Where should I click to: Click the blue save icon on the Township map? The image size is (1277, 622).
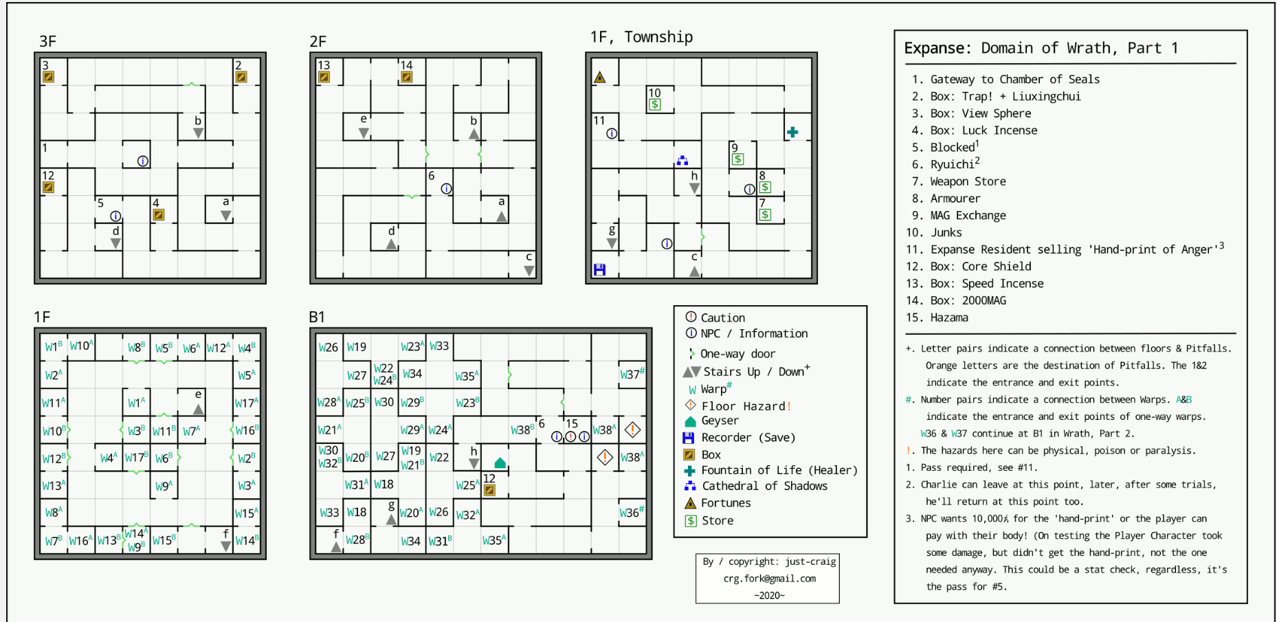tap(599, 269)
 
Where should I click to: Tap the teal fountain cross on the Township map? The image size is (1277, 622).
tap(792, 132)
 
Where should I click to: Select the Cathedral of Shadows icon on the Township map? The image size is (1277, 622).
tap(682, 160)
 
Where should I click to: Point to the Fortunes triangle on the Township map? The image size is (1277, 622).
tap(600, 77)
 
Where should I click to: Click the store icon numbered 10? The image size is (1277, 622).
tap(655, 104)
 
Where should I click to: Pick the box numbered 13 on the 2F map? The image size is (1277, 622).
tap(324, 77)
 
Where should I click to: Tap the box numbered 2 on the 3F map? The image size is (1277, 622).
tap(241, 77)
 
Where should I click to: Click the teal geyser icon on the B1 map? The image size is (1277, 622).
tap(500, 463)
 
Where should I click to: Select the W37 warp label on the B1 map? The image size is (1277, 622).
tap(632, 374)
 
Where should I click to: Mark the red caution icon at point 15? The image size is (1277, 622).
tap(570, 436)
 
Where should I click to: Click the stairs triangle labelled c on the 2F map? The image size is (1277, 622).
tap(529, 271)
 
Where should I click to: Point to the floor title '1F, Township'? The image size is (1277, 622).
tap(641, 37)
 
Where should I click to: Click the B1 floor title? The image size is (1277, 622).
tap(317, 317)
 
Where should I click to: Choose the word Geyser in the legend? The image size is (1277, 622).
tap(720, 421)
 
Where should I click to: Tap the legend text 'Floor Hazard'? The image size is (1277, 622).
tap(743, 406)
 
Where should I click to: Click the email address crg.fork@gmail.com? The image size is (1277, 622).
tap(770, 579)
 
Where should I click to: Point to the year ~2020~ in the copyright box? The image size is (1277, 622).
tap(769, 595)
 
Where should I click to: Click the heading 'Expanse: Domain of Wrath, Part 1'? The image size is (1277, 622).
tap(1041, 48)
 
